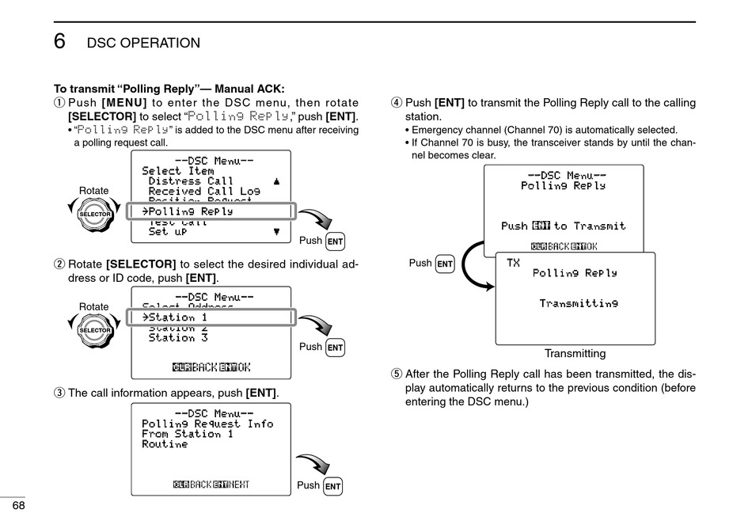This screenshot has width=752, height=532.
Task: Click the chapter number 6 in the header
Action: (x=60, y=42)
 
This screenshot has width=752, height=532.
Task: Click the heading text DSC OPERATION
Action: (x=143, y=43)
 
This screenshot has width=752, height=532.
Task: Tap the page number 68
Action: (x=17, y=506)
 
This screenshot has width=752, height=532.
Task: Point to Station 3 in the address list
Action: (x=178, y=338)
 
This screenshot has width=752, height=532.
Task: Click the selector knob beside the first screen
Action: (x=94, y=214)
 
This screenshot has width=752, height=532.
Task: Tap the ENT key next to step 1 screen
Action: (x=336, y=241)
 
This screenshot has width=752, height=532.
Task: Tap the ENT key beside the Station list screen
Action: (x=336, y=347)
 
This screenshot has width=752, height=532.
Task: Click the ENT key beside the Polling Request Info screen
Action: (x=333, y=486)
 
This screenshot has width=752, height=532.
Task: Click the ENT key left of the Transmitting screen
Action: (x=445, y=264)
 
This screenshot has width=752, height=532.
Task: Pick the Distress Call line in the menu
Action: (x=191, y=181)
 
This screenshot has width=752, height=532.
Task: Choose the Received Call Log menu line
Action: (x=204, y=192)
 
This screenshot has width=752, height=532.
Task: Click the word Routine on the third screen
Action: (x=165, y=444)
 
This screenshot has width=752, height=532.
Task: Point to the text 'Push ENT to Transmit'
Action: (x=563, y=226)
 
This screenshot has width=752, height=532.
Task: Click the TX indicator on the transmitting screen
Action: (x=513, y=263)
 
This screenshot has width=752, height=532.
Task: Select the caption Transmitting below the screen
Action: (x=575, y=354)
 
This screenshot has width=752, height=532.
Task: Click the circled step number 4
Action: (x=397, y=103)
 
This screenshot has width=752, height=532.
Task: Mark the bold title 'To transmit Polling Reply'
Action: (x=169, y=89)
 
